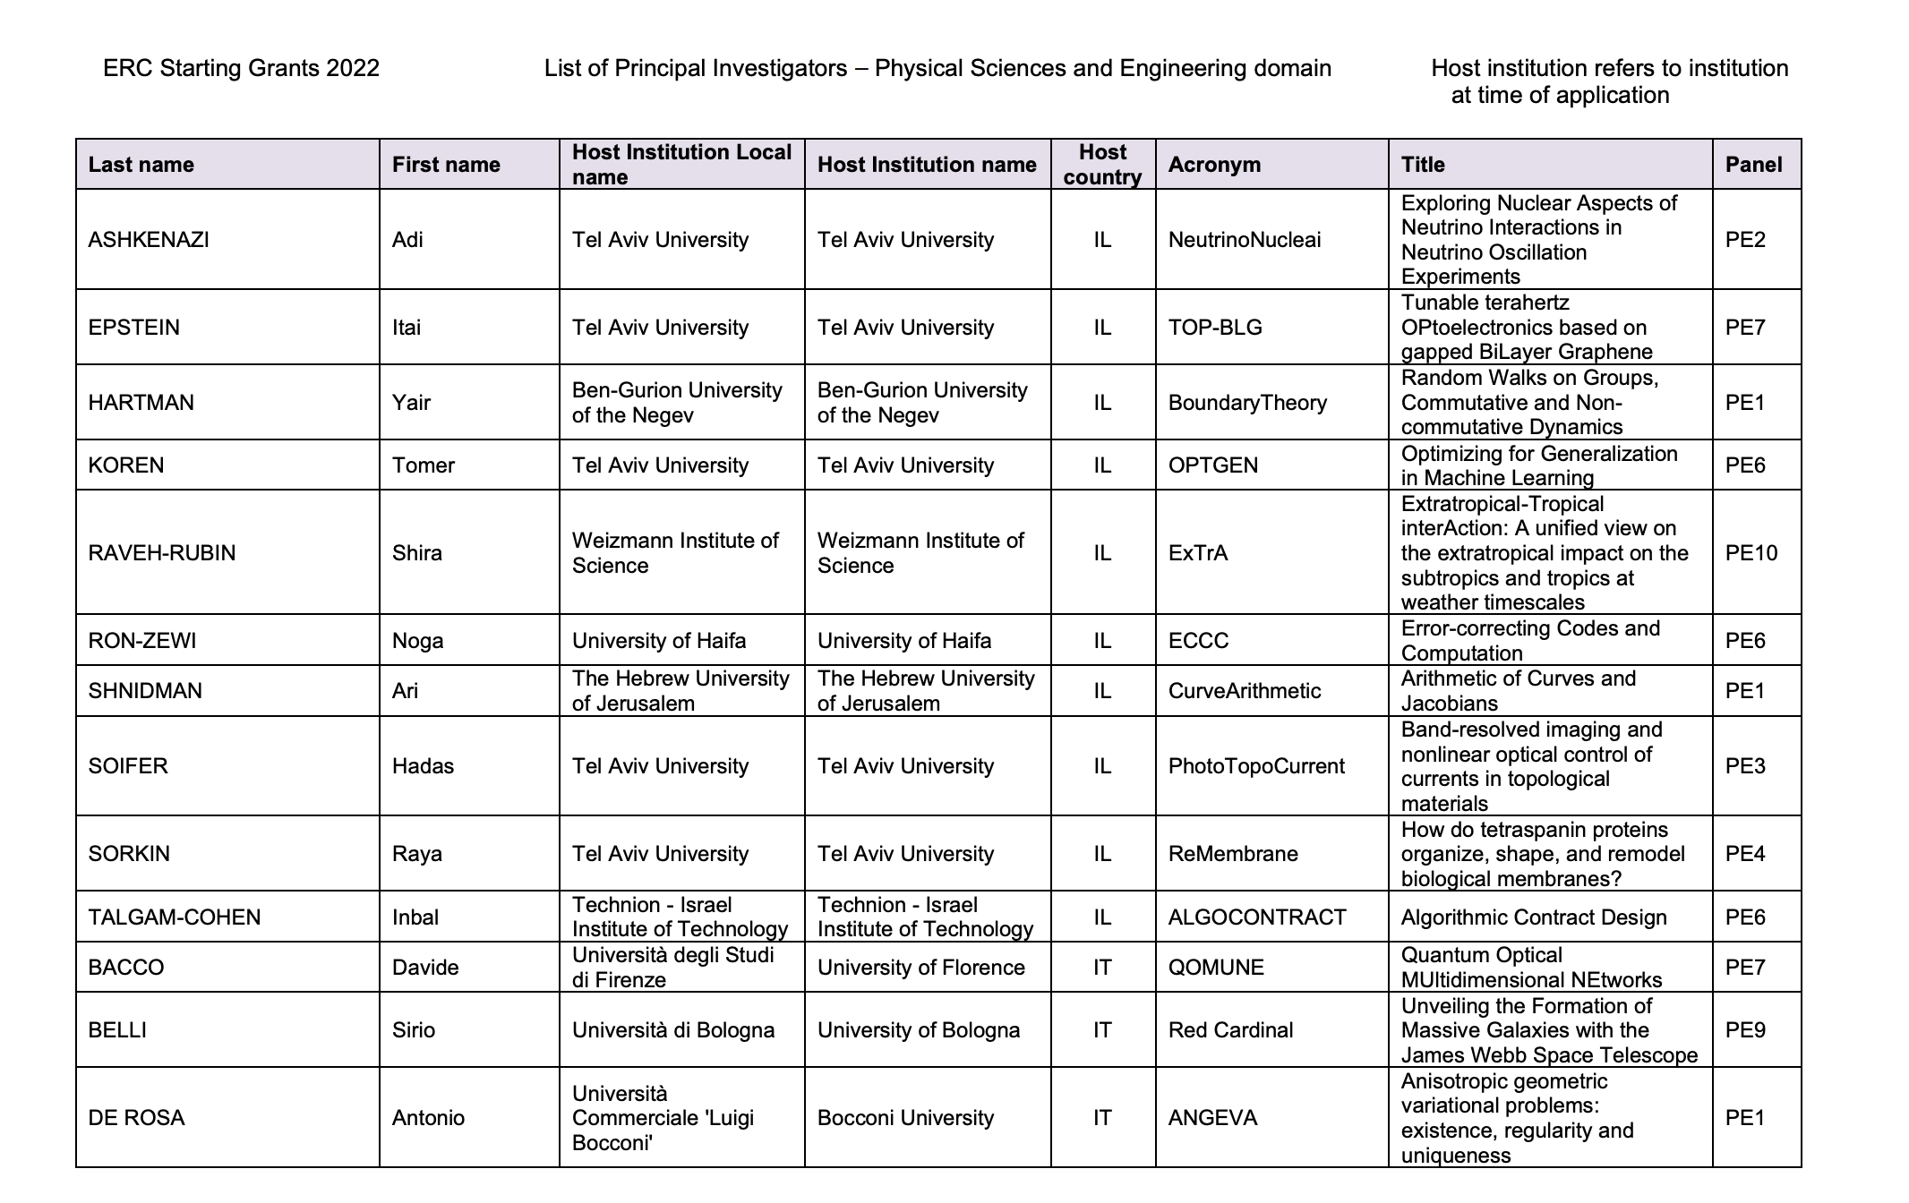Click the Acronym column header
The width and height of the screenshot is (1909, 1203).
[1214, 165]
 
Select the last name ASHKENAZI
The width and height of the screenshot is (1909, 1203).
[149, 240]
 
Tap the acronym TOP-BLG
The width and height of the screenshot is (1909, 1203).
[1215, 328]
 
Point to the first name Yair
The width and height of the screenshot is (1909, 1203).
[411, 403]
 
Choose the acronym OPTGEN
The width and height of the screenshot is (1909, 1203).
[1213, 465]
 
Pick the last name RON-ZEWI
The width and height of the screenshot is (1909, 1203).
[142, 641]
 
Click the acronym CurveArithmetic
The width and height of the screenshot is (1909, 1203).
[1245, 691]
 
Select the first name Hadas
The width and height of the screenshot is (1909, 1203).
[423, 766]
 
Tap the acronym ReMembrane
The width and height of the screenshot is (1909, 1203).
[1233, 854]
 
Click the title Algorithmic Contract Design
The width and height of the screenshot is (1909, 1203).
[1534, 917]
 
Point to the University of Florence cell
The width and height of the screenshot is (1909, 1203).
[920, 968]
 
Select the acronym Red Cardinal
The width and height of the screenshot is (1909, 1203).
[1230, 1030]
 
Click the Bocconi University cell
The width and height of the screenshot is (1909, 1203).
[905, 1118]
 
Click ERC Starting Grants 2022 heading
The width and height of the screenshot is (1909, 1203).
[241, 69]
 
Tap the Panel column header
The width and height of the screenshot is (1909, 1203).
[1753, 165]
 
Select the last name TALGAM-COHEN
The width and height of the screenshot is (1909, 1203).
[175, 917]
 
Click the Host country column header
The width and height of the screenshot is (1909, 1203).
[1102, 165]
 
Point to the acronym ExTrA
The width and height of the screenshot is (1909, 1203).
[1198, 553]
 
